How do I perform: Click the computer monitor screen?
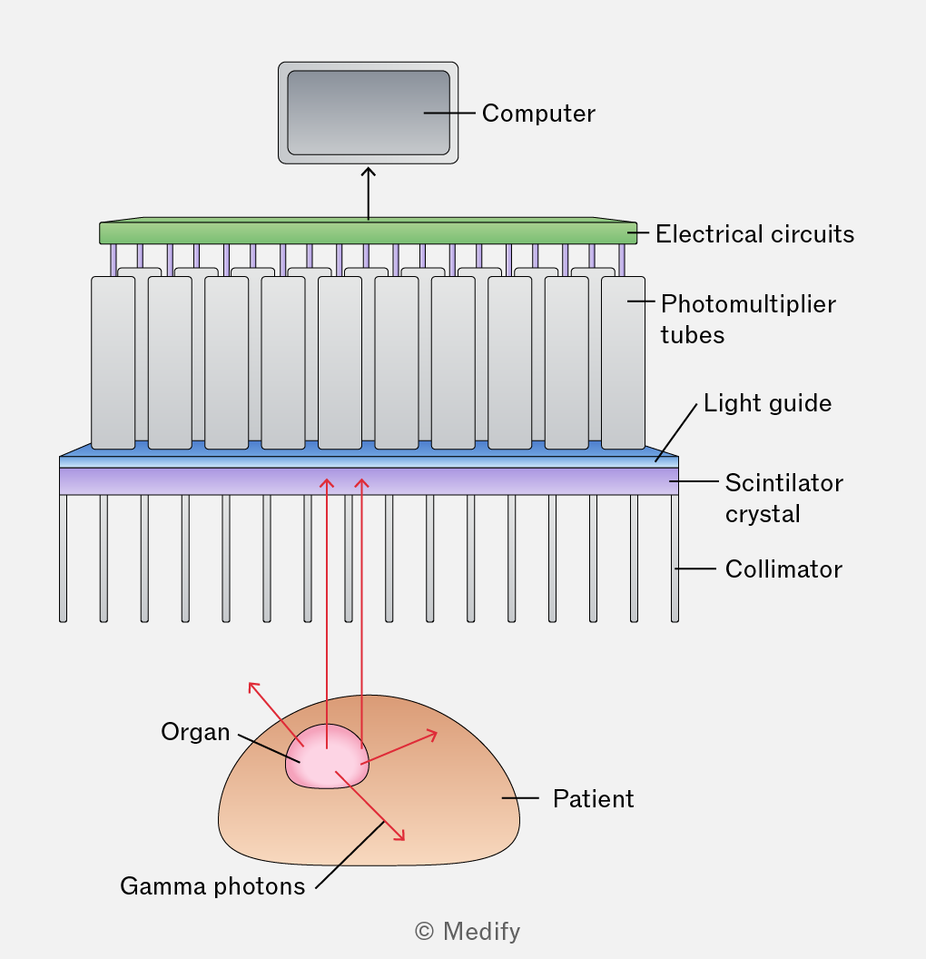(369, 113)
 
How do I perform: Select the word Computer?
(538, 114)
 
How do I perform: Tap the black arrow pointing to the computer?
(368, 193)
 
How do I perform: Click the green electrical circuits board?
(368, 232)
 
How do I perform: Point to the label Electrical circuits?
(754, 233)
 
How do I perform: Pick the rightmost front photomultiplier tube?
(623, 362)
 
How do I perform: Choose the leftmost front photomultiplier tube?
(113, 362)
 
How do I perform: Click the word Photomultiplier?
(748, 304)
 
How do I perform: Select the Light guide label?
(767, 403)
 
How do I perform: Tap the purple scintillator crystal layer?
(369, 481)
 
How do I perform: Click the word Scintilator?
(784, 482)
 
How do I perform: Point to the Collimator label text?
(783, 568)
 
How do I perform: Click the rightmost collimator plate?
(675, 559)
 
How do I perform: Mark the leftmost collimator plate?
(63, 559)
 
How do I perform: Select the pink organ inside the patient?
(327, 756)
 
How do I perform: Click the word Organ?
(195, 732)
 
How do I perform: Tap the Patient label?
(593, 799)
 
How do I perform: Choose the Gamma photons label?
(212, 886)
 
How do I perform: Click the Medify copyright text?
(468, 932)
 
